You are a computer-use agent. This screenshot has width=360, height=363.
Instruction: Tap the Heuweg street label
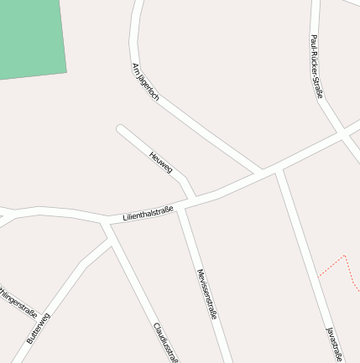(160, 162)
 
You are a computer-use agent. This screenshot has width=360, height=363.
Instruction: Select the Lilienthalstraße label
(148, 213)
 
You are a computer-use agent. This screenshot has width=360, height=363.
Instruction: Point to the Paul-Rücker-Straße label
(316, 66)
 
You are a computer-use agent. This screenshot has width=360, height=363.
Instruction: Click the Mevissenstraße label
(206, 294)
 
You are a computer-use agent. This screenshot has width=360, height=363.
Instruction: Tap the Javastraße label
(334, 344)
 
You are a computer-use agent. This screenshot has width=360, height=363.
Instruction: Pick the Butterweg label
(38, 328)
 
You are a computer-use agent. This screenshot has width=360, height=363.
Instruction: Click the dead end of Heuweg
(121, 129)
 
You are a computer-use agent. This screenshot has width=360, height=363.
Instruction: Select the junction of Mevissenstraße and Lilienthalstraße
(180, 206)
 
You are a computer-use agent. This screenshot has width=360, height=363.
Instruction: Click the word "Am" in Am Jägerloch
(134, 67)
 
